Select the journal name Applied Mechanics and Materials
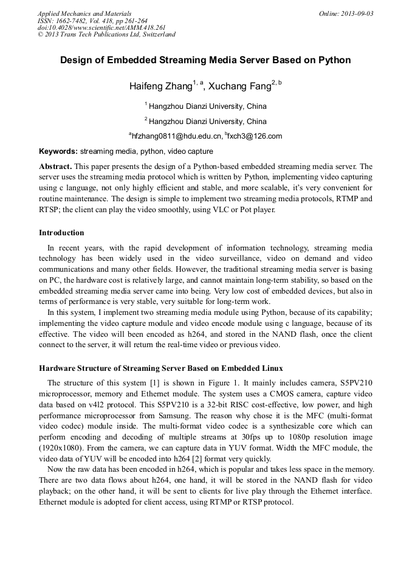84,13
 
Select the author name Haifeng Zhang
160,86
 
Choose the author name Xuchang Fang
239,86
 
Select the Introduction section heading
61,233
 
